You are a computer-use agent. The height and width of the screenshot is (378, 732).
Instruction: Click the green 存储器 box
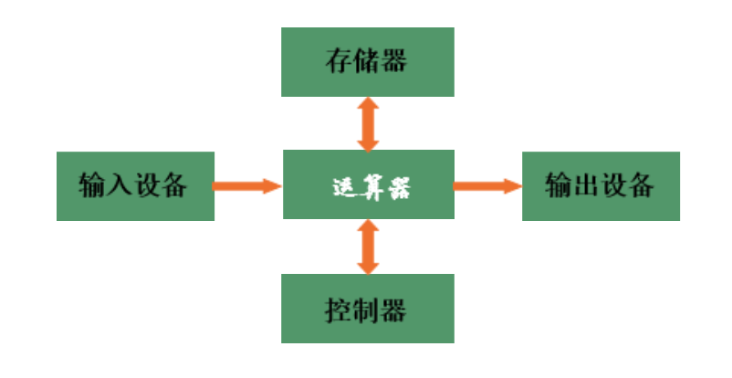pos(368,62)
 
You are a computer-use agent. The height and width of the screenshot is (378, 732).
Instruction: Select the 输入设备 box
pos(135,186)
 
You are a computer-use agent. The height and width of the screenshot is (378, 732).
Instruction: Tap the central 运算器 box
pos(369,184)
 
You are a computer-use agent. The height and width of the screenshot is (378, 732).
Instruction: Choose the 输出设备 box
pos(601,186)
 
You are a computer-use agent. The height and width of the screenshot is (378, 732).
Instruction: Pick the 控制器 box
pos(368,309)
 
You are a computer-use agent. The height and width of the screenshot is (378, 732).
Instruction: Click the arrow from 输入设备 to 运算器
pos(247,186)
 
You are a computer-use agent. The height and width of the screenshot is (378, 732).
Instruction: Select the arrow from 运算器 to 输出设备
pos(487,186)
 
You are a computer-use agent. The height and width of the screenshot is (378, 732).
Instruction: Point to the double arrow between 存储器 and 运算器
pos(368,124)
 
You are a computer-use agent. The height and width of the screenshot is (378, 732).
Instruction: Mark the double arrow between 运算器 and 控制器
pos(368,247)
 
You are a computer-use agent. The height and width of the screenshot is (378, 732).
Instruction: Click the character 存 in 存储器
pos(339,61)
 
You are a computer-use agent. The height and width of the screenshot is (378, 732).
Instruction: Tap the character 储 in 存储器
pos(367,61)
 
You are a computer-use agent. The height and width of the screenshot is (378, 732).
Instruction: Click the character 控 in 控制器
pos(338,310)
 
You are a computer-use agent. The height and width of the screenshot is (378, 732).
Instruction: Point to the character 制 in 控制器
pos(366,310)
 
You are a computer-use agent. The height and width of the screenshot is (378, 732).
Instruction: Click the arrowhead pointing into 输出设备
pos(514,186)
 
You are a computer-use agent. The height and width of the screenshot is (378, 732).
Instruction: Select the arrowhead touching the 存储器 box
pos(368,103)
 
